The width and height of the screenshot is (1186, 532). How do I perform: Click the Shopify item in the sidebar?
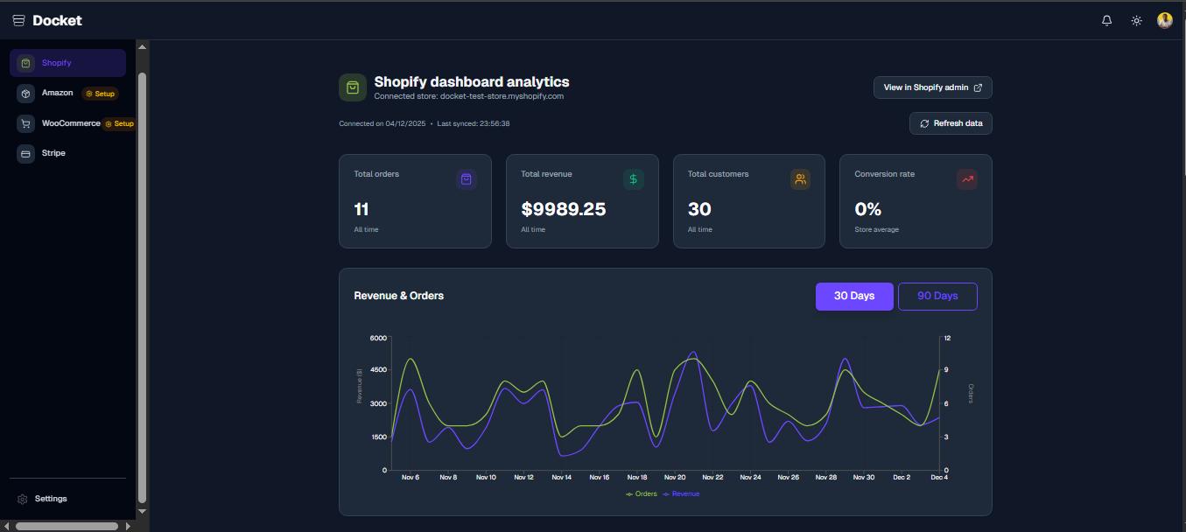click(x=67, y=63)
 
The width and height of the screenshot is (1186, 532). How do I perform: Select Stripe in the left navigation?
click(x=53, y=153)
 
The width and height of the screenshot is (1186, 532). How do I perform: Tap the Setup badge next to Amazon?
click(x=100, y=94)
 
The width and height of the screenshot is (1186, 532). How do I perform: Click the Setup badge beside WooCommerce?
click(x=120, y=123)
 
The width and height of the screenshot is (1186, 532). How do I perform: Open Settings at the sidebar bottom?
click(x=50, y=499)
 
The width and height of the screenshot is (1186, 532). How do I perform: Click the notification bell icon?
click(x=1106, y=20)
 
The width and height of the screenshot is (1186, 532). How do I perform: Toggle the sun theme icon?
click(x=1136, y=20)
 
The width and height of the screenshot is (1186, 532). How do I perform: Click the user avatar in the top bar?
click(x=1164, y=20)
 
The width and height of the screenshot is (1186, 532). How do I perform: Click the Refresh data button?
click(x=951, y=123)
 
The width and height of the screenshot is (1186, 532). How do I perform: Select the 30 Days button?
click(x=854, y=296)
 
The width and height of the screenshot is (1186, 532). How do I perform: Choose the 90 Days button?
click(x=937, y=296)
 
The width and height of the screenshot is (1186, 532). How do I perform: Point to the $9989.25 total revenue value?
click(x=563, y=209)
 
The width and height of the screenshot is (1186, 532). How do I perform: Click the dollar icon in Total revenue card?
click(x=633, y=179)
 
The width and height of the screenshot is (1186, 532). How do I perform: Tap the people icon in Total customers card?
click(x=800, y=179)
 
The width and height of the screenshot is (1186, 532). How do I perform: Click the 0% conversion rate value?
click(x=867, y=209)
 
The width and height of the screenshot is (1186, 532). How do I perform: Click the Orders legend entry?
click(x=642, y=494)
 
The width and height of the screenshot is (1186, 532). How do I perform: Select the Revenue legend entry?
click(x=682, y=494)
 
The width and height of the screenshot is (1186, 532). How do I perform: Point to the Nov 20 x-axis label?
click(x=675, y=478)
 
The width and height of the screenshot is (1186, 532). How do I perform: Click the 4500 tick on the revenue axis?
click(x=377, y=370)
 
